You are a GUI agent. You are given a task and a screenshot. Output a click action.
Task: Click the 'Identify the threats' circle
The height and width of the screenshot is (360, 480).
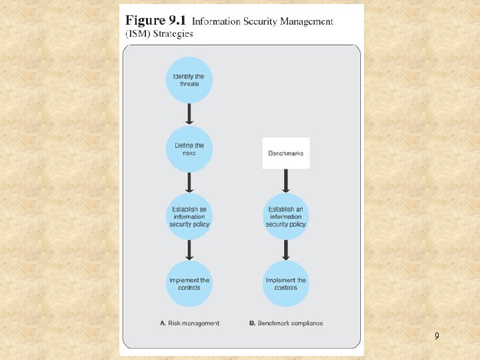pos(189,80)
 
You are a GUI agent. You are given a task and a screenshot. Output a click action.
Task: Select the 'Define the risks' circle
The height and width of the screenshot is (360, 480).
pos(189,149)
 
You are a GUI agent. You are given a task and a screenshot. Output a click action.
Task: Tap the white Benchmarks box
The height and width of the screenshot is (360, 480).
pos(285,153)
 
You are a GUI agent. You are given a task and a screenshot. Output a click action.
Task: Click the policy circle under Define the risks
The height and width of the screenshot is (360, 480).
pos(189,217)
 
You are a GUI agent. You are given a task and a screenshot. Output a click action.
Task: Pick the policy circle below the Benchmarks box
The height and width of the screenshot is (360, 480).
pos(285,217)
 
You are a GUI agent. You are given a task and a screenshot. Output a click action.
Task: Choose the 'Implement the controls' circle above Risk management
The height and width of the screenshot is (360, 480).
pos(189,284)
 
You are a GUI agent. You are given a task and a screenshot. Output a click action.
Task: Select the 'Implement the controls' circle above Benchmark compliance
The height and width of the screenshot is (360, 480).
pos(285,284)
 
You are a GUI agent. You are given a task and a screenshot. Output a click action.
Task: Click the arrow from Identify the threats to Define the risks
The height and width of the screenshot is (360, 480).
pos(189,115)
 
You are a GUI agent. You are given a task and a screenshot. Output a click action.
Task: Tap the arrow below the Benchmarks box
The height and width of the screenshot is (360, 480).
pos(285,181)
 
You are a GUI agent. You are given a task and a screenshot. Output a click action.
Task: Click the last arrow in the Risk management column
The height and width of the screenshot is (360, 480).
pos(189,250)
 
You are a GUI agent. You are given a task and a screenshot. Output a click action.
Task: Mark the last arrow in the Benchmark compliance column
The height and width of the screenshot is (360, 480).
pos(285,250)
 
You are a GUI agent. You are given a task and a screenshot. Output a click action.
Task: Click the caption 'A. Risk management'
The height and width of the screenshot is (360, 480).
pos(190,323)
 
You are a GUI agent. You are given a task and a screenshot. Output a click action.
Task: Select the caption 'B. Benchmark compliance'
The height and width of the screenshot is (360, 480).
pos(286,323)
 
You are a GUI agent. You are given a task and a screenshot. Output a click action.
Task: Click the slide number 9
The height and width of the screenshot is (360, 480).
pos(437,337)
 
